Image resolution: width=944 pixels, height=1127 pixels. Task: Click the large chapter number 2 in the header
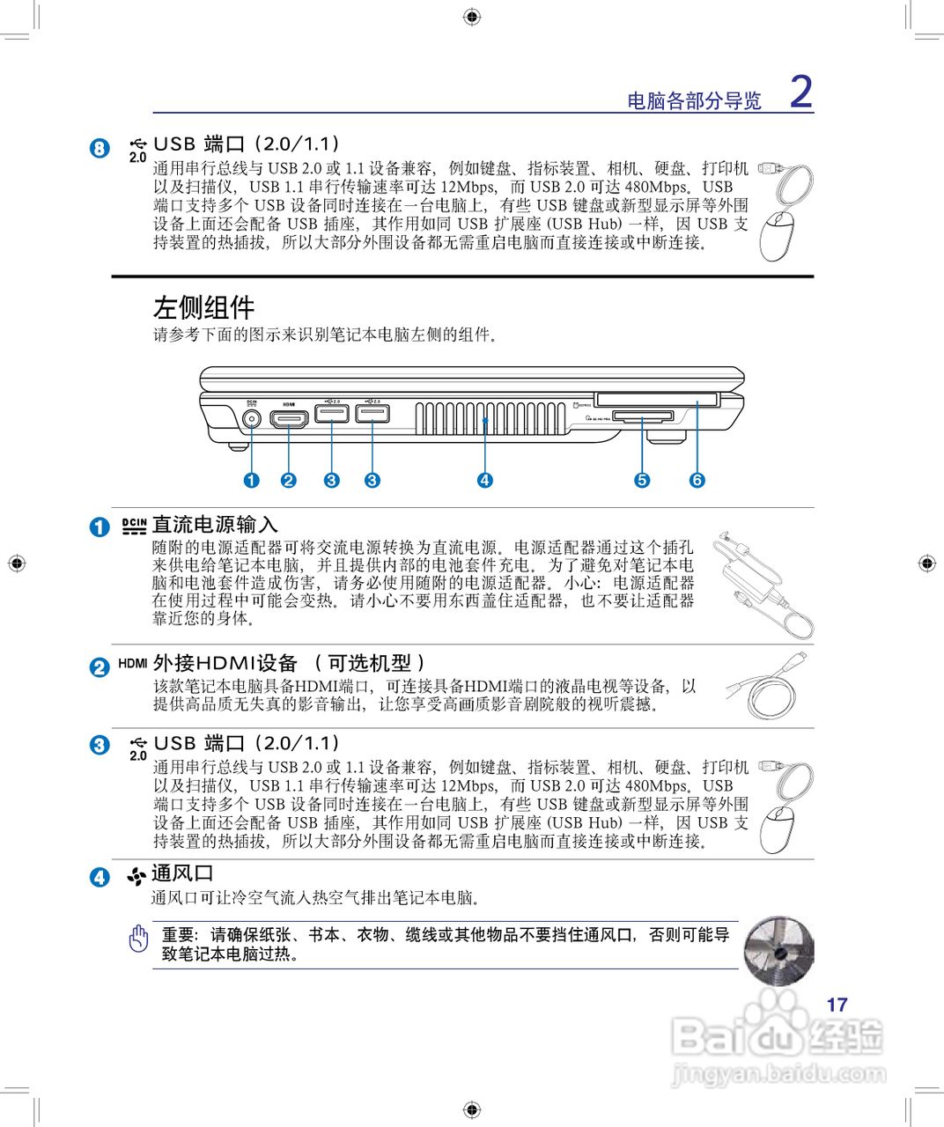point(800,92)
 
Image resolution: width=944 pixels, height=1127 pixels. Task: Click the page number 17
point(837,1005)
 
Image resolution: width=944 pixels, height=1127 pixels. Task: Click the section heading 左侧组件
point(203,307)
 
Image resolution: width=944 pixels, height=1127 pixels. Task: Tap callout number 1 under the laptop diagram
point(252,480)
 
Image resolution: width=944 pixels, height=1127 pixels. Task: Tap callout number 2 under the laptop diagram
point(289,480)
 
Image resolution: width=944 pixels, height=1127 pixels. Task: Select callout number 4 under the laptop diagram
point(484,480)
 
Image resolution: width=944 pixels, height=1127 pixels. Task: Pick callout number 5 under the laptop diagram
point(642,480)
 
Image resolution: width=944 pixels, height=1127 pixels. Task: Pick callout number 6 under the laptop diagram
point(697,480)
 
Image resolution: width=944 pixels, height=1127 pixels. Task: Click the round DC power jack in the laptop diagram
point(252,417)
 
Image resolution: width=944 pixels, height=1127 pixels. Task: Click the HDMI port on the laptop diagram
point(289,417)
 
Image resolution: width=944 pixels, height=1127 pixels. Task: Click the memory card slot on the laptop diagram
point(641,416)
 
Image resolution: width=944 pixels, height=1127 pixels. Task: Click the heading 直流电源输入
point(215,525)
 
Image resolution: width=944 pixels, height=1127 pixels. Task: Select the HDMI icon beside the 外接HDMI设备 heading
point(133,663)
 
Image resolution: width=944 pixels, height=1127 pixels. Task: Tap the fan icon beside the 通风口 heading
point(136,876)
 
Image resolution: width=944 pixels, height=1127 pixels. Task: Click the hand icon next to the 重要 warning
point(138,939)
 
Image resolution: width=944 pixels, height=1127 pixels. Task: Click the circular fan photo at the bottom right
point(778,951)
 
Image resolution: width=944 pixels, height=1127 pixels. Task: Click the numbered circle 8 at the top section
point(100,148)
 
